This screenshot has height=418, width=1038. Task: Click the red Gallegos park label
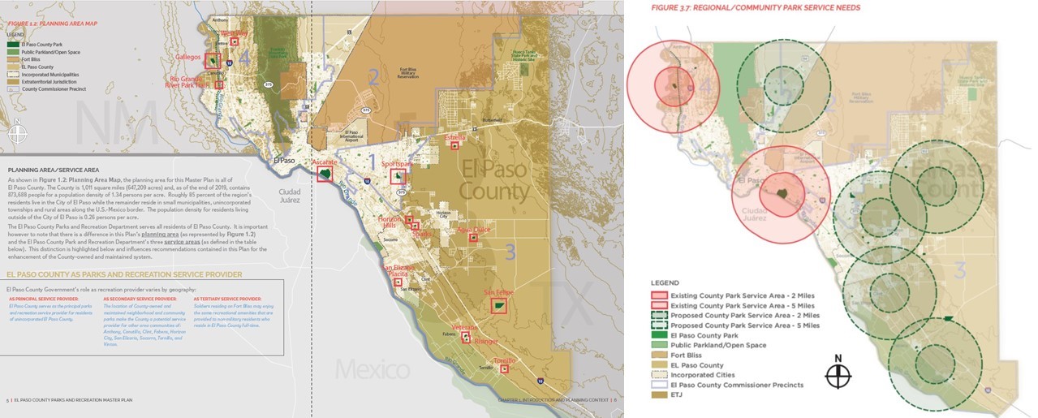pyautogui.click(x=189, y=58)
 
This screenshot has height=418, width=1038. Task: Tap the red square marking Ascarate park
pyautogui.click(x=325, y=174)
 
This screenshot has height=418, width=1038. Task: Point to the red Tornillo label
pyautogui.click(x=505, y=360)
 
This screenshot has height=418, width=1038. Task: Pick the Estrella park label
pyautogui.click(x=455, y=138)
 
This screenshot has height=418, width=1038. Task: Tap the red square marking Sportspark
pyautogui.click(x=397, y=176)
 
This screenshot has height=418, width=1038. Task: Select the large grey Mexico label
pyautogui.click(x=372, y=371)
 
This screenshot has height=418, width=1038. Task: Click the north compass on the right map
pyautogui.click(x=839, y=375)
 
